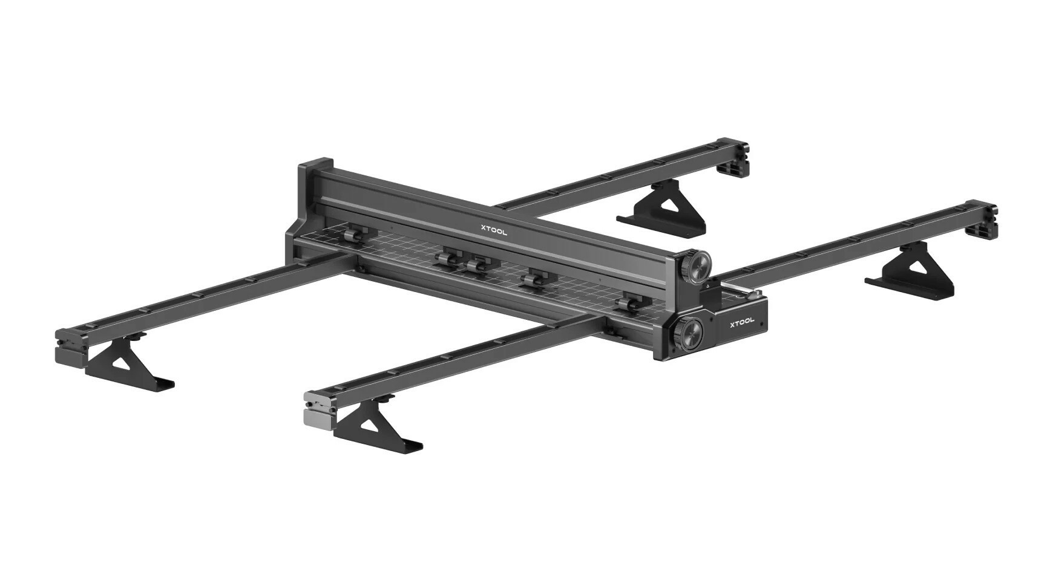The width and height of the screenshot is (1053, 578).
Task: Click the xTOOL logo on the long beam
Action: point(494,230)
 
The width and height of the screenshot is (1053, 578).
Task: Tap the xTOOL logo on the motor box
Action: point(741,322)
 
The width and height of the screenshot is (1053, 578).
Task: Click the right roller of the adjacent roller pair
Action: point(477,264)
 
